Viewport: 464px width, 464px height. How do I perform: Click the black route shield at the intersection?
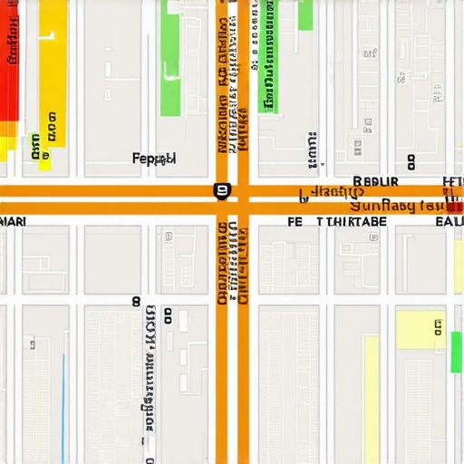[221, 190]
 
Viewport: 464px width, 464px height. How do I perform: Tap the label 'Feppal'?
[153, 159]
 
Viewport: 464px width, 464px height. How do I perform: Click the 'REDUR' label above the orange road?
[370, 181]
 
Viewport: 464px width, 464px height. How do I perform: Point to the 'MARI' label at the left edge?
[13, 221]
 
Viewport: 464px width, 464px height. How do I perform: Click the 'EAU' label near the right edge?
[449, 221]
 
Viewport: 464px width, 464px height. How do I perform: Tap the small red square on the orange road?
[454, 207]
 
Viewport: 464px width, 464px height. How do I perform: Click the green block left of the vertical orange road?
[169, 59]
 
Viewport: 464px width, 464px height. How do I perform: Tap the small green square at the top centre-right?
[305, 14]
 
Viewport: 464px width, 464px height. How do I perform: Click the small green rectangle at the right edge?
[456, 352]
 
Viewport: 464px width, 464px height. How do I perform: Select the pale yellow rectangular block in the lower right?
[420, 330]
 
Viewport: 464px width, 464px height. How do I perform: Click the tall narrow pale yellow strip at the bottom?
[371, 399]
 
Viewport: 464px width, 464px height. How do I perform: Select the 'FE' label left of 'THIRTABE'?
[295, 221]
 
